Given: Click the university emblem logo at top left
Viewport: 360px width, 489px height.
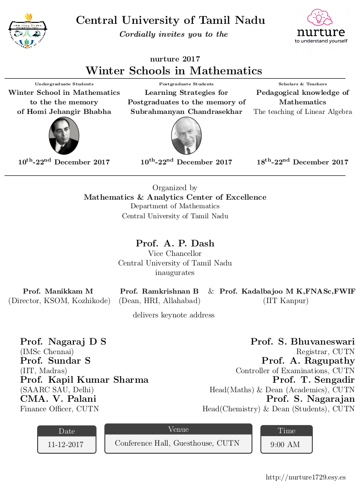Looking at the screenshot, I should (28, 31).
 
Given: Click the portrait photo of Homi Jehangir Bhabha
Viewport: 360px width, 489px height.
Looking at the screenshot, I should (64, 136).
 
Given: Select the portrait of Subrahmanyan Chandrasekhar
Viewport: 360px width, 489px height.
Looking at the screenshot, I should (186, 136).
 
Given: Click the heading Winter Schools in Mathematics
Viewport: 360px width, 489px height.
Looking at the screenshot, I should (174, 71).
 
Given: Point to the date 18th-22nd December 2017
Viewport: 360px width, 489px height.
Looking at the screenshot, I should (302, 162).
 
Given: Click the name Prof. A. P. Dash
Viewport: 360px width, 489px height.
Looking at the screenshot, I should (175, 244).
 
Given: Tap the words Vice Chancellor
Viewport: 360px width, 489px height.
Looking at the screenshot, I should (175, 254).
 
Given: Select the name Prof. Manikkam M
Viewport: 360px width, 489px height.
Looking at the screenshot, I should (58, 291).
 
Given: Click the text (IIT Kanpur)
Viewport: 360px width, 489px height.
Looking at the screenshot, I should (286, 301).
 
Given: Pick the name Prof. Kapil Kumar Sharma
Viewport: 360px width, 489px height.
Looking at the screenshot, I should (84, 380).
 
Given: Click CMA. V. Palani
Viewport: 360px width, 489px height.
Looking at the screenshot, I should (58, 399).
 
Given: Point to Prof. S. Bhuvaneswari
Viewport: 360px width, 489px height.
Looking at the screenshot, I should (302, 342).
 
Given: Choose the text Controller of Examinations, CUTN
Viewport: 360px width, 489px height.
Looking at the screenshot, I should (295, 370).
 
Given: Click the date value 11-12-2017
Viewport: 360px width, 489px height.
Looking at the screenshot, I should (66, 445).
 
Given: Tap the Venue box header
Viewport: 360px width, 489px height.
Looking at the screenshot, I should (178, 429).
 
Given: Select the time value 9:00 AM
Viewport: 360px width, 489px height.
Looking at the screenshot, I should (285, 445).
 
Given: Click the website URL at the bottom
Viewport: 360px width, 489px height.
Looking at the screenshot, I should (305, 477).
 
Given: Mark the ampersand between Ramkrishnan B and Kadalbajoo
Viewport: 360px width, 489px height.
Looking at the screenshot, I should (211, 291).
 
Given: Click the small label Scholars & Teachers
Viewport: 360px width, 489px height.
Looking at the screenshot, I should (303, 84).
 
